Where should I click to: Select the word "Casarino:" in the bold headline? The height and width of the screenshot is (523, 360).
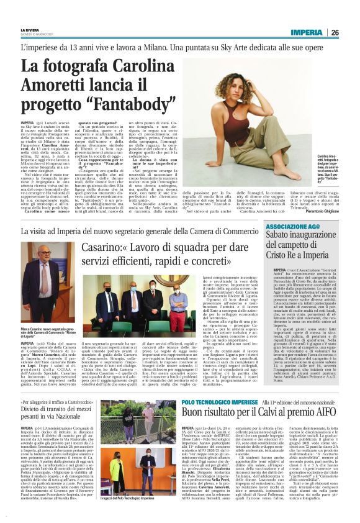107,246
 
